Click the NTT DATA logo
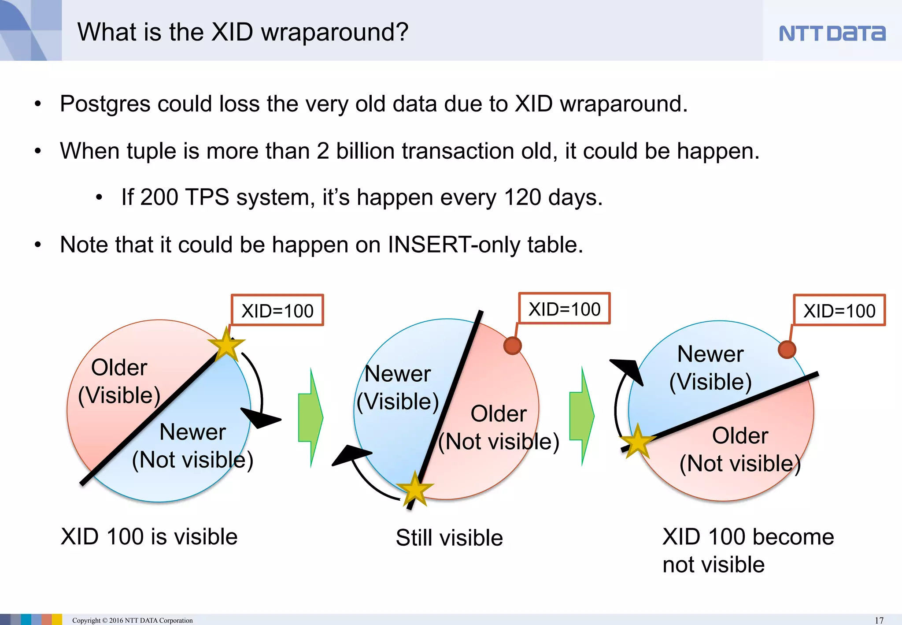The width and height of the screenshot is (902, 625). (832, 33)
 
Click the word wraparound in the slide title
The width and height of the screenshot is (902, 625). (335, 33)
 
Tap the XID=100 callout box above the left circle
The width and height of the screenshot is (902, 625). (277, 311)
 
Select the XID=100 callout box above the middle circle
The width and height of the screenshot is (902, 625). (564, 309)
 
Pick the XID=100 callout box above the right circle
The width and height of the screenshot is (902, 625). (839, 311)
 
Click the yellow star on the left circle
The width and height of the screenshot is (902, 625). (226, 345)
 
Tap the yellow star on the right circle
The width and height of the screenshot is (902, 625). (637, 441)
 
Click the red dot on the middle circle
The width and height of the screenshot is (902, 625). (512, 346)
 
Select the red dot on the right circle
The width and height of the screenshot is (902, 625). (787, 350)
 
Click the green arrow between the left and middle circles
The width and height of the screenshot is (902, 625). (311, 417)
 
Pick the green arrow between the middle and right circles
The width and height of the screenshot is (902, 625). (582, 416)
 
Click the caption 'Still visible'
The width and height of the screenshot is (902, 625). (449, 538)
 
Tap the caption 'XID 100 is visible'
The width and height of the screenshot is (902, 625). (149, 537)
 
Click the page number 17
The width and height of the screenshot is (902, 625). (879, 620)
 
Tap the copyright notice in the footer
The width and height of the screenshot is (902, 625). (132, 620)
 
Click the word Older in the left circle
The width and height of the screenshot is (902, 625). (119, 367)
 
